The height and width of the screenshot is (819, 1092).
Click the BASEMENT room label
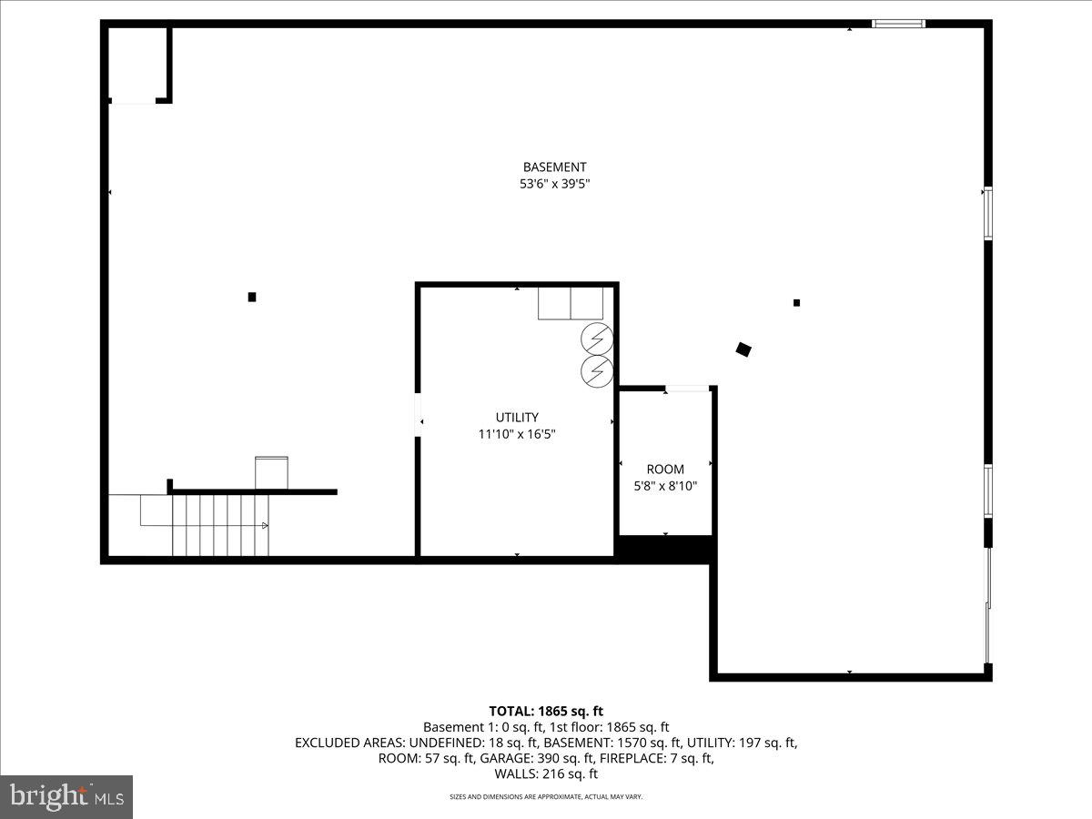(554, 167)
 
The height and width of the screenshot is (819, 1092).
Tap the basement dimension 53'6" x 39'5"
(554, 184)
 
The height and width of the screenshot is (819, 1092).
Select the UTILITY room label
(517, 418)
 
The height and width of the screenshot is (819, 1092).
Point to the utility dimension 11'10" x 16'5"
(517, 434)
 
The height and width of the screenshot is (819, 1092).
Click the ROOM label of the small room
(665, 470)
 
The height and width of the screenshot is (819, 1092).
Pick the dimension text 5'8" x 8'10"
(665, 486)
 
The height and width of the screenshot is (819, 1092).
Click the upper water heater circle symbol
(597, 339)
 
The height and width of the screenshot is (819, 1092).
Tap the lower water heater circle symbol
(597, 370)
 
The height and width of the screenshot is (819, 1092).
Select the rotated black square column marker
(743, 349)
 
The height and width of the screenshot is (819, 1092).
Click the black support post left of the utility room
(252, 297)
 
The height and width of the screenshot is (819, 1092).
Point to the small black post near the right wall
(796, 303)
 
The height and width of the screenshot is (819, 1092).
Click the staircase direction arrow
(264, 525)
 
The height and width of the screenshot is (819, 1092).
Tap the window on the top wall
(898, 24)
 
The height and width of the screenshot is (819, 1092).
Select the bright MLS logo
(66, 796)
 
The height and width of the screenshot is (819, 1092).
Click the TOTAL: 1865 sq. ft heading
(546, 711)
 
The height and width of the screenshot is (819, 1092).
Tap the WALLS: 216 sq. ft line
(546, 774)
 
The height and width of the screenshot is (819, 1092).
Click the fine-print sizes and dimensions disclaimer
(546, 797)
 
